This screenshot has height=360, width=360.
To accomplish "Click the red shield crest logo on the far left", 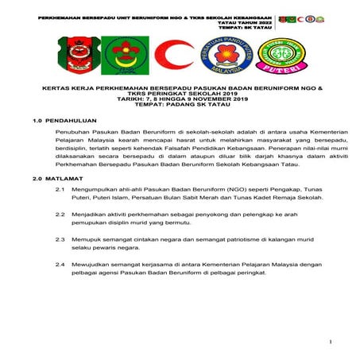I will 69,55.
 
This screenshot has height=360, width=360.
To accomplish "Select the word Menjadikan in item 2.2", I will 90,215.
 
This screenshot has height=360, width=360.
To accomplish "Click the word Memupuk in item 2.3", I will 87,238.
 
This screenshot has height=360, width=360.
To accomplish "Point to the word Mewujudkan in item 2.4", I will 92,262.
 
